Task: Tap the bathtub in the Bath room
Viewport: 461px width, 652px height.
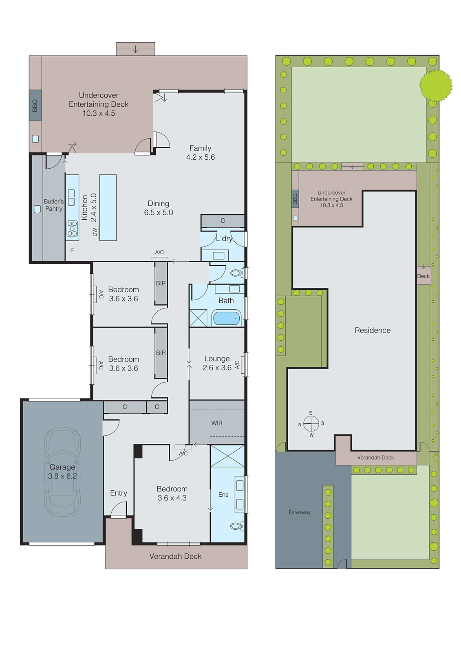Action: (x=226, y=318)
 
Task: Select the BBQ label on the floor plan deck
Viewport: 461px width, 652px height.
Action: (x=35, y=106)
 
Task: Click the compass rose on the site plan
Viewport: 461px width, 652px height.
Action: (x=311, y=424)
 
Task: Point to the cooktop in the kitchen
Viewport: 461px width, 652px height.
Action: (x=72, y=229)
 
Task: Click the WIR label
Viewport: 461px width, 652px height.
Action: (x=217, y=423)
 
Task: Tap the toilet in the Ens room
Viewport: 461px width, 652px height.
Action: (x=236, y=526)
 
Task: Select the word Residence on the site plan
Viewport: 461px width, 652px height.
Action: (x=372, y=330)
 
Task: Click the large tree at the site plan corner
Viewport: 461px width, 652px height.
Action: (x=436, y=85)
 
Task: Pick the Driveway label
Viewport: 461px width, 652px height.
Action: (x=300, y=513)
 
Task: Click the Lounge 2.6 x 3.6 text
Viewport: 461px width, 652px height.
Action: (x=217, y=363)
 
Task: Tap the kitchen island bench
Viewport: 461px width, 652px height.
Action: (x=108, y=207)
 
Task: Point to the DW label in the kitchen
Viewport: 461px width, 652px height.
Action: (x=95, y=232)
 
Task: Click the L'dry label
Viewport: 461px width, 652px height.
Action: (x=224, y=238)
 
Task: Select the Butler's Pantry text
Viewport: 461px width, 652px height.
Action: (x=54, y=205)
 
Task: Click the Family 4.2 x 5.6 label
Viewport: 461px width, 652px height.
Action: (x=200, y=153)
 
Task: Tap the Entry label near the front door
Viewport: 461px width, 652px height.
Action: (x=119, y=493)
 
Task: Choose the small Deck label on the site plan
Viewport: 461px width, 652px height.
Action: (x=423, y=276)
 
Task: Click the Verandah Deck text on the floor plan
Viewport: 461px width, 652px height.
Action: (x=175, y=557)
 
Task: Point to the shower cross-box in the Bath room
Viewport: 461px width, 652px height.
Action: (x=199, y=318)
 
